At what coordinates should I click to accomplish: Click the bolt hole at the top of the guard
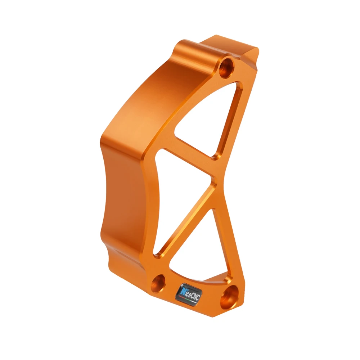click(227, 67)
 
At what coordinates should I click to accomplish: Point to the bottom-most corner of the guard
click(216, 317)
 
